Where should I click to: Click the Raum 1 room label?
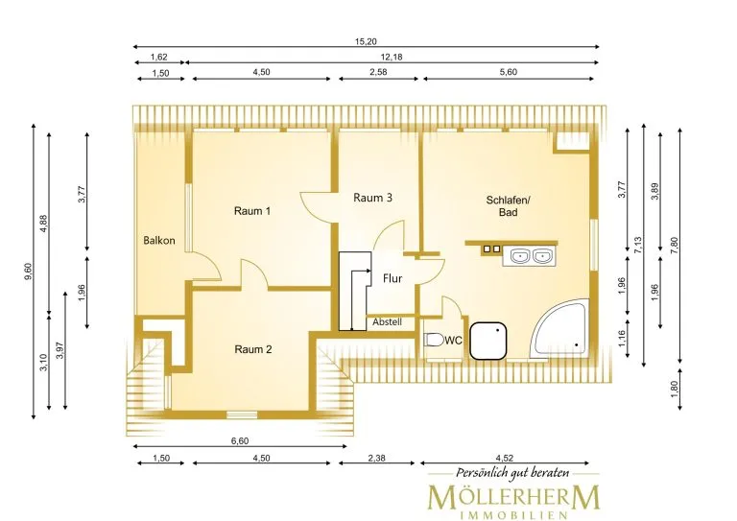252,211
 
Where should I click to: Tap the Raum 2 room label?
253,349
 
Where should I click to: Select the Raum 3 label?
372,198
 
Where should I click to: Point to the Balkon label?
159,241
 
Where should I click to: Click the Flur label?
392,278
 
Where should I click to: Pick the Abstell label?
388,322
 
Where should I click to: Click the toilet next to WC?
434,340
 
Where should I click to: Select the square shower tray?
488,341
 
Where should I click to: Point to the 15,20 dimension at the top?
366,41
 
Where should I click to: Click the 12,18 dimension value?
392,57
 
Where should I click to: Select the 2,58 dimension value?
378,72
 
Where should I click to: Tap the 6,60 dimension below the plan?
240,441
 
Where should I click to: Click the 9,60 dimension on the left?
28,272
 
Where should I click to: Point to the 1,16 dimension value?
622,339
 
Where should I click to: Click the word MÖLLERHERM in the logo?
513,497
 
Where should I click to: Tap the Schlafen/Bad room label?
508,206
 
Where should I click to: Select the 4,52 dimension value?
505,458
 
